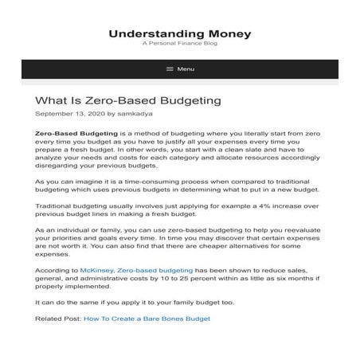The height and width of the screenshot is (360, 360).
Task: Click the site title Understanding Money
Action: pyautogui.click(x=179, y=33)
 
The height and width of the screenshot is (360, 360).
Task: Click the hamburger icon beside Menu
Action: pyautogui.click(x=170, y=69)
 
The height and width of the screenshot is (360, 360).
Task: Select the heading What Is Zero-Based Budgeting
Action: pyautogui.click(x=127, y=101)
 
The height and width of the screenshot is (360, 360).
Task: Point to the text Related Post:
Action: pyautogui.click(x=56, y=319)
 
